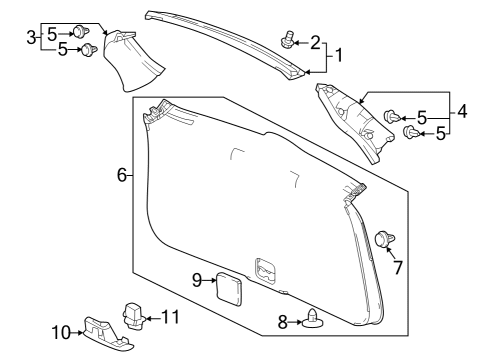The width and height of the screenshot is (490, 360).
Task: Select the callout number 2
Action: point(315,42)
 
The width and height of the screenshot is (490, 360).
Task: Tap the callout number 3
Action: point(31,37)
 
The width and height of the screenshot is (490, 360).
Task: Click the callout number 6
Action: point(122,175)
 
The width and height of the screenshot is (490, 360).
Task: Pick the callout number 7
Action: point(397,267)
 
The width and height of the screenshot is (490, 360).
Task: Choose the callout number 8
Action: point(281,323)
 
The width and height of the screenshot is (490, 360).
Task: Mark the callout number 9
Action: point(196,279)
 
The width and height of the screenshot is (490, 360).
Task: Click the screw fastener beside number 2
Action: point(289,40)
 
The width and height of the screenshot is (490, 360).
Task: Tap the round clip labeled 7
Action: point(383,238)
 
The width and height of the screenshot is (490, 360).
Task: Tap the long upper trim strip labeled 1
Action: point(225,38)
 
